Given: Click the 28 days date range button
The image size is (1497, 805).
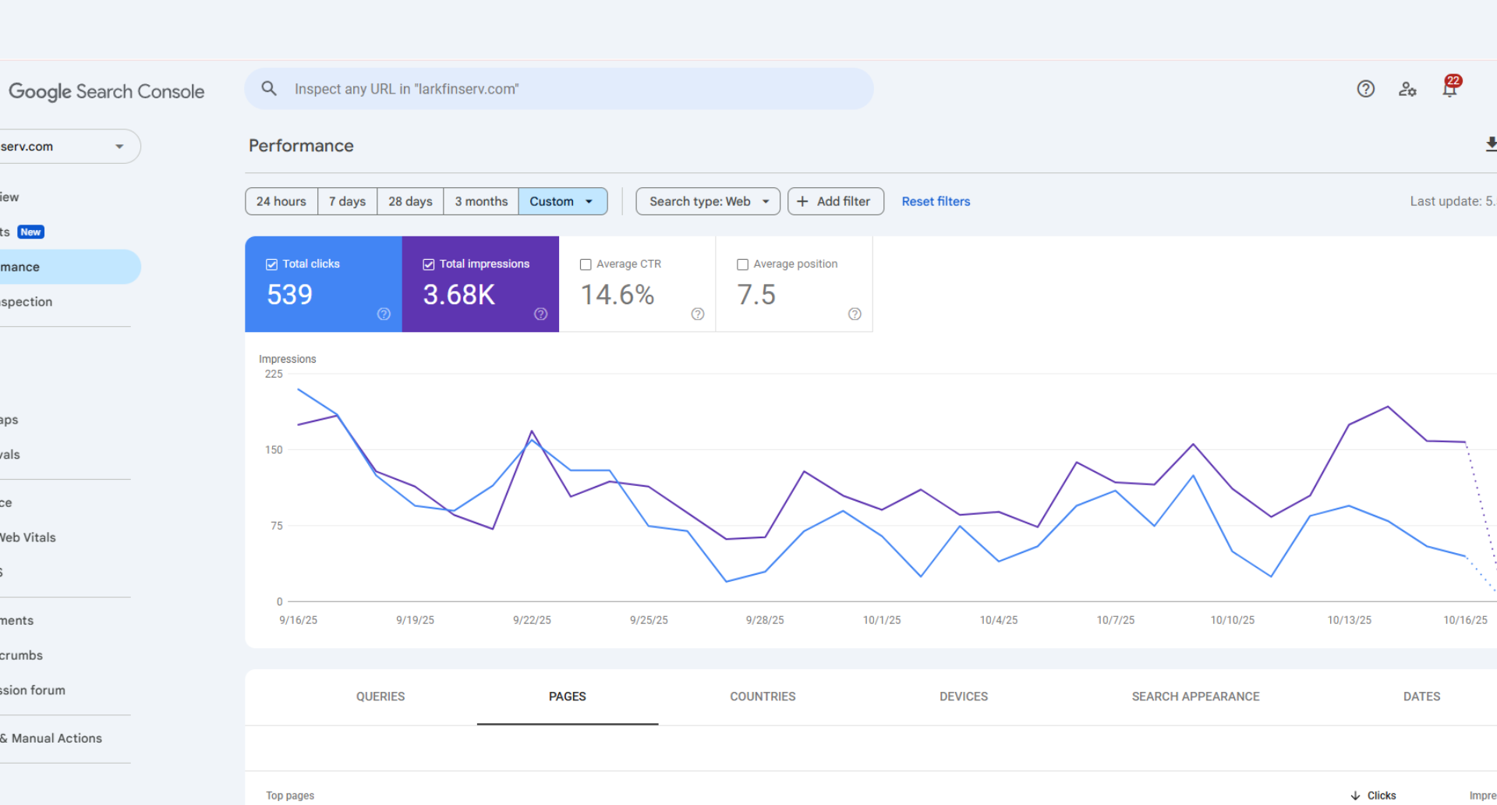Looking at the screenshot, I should [410, 201].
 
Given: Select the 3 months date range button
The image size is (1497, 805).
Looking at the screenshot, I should [481, 201].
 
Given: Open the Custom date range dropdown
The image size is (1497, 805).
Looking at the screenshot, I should [562, 201].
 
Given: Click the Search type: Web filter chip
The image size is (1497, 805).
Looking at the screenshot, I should [707, 201].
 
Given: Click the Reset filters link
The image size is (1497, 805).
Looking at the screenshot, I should [936, 201].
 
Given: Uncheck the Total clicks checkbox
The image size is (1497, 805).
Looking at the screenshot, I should [272, 264].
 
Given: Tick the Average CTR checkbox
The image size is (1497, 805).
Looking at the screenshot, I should [586, 264].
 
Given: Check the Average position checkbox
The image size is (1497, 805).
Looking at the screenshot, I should [742, 264].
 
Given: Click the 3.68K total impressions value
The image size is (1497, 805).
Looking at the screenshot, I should [458, 295].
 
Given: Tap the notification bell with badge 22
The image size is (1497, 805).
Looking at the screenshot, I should [1449, 89].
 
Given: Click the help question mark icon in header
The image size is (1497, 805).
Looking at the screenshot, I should [1365, 89].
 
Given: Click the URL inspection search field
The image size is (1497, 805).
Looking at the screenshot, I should [558, 89].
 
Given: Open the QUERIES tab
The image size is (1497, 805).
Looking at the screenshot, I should [380, 697].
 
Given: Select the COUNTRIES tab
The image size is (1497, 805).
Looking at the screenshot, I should [763, 697].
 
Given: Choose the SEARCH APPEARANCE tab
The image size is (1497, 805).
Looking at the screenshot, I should [1195, 697].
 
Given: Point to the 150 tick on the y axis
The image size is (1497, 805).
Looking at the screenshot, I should [274, 450].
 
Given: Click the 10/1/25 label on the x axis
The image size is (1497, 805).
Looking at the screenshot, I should [881, 620].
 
